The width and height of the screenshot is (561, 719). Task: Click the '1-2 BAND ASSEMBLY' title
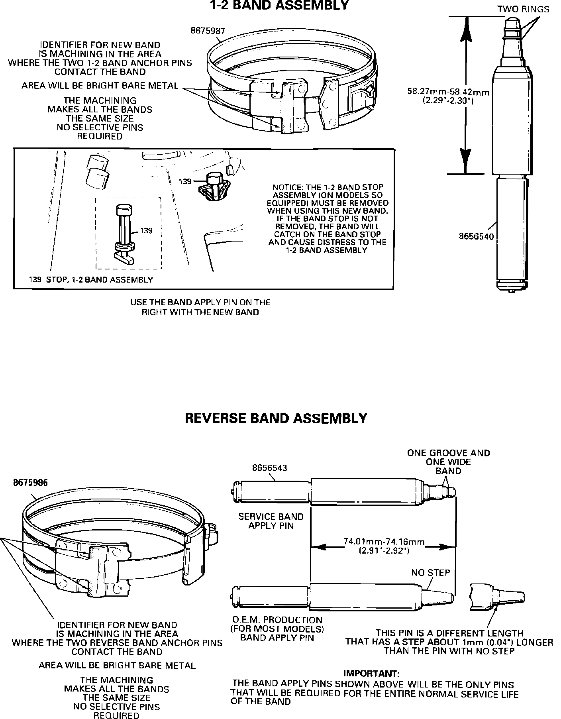tap(279, 6)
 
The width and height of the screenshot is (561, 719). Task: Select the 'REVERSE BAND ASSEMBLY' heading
tap(276, 418)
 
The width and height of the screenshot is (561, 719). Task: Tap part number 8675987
tap(208, 31)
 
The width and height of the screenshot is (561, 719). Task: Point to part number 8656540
tap(476, 236)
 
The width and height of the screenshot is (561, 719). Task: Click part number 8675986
tap(30, 483)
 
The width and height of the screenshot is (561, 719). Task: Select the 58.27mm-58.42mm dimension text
tap(448, 92)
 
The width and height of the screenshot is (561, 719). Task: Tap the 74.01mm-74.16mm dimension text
tap(384, 542)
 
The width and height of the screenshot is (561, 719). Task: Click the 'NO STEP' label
tap(430, 573)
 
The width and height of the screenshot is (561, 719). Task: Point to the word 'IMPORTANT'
tap(370, 674)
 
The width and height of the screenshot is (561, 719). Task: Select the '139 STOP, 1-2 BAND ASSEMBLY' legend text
tap(91, 280)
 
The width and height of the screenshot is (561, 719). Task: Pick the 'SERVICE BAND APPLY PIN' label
tap(271, 521)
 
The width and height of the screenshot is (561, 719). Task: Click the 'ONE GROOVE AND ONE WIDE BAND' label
tap(448, 462)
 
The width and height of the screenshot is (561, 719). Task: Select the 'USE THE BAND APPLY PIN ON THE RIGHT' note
tap(200, 307)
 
